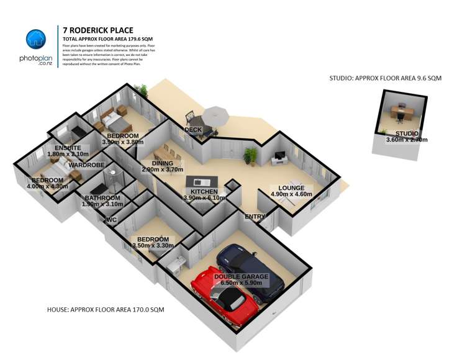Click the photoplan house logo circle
click(36, 40)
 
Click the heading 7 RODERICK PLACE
click(98, 30)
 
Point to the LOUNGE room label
click(291, 187)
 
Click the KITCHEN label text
click(204, 192)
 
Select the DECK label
click(192, 130)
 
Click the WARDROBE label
click(86, 165)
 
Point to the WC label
click(112, 220)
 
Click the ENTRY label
click(255, 216)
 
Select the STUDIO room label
click(407, 133)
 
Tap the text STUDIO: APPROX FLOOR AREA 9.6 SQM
click(385, 78)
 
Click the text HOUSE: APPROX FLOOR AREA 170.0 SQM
click(106, 309)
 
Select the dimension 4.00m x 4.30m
click(47, 186)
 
